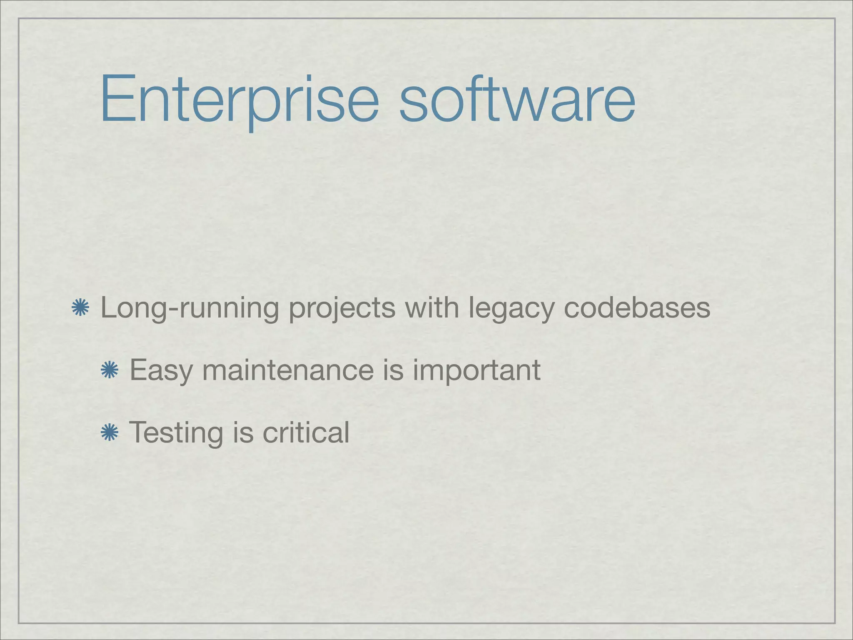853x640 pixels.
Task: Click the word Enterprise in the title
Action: coord(239,100)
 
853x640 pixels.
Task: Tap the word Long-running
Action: coord(190,309)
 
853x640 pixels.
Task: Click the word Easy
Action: coord(161,370)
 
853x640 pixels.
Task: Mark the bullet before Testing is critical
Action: coord(110,432)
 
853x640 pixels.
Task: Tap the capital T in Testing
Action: coord(139,432)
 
